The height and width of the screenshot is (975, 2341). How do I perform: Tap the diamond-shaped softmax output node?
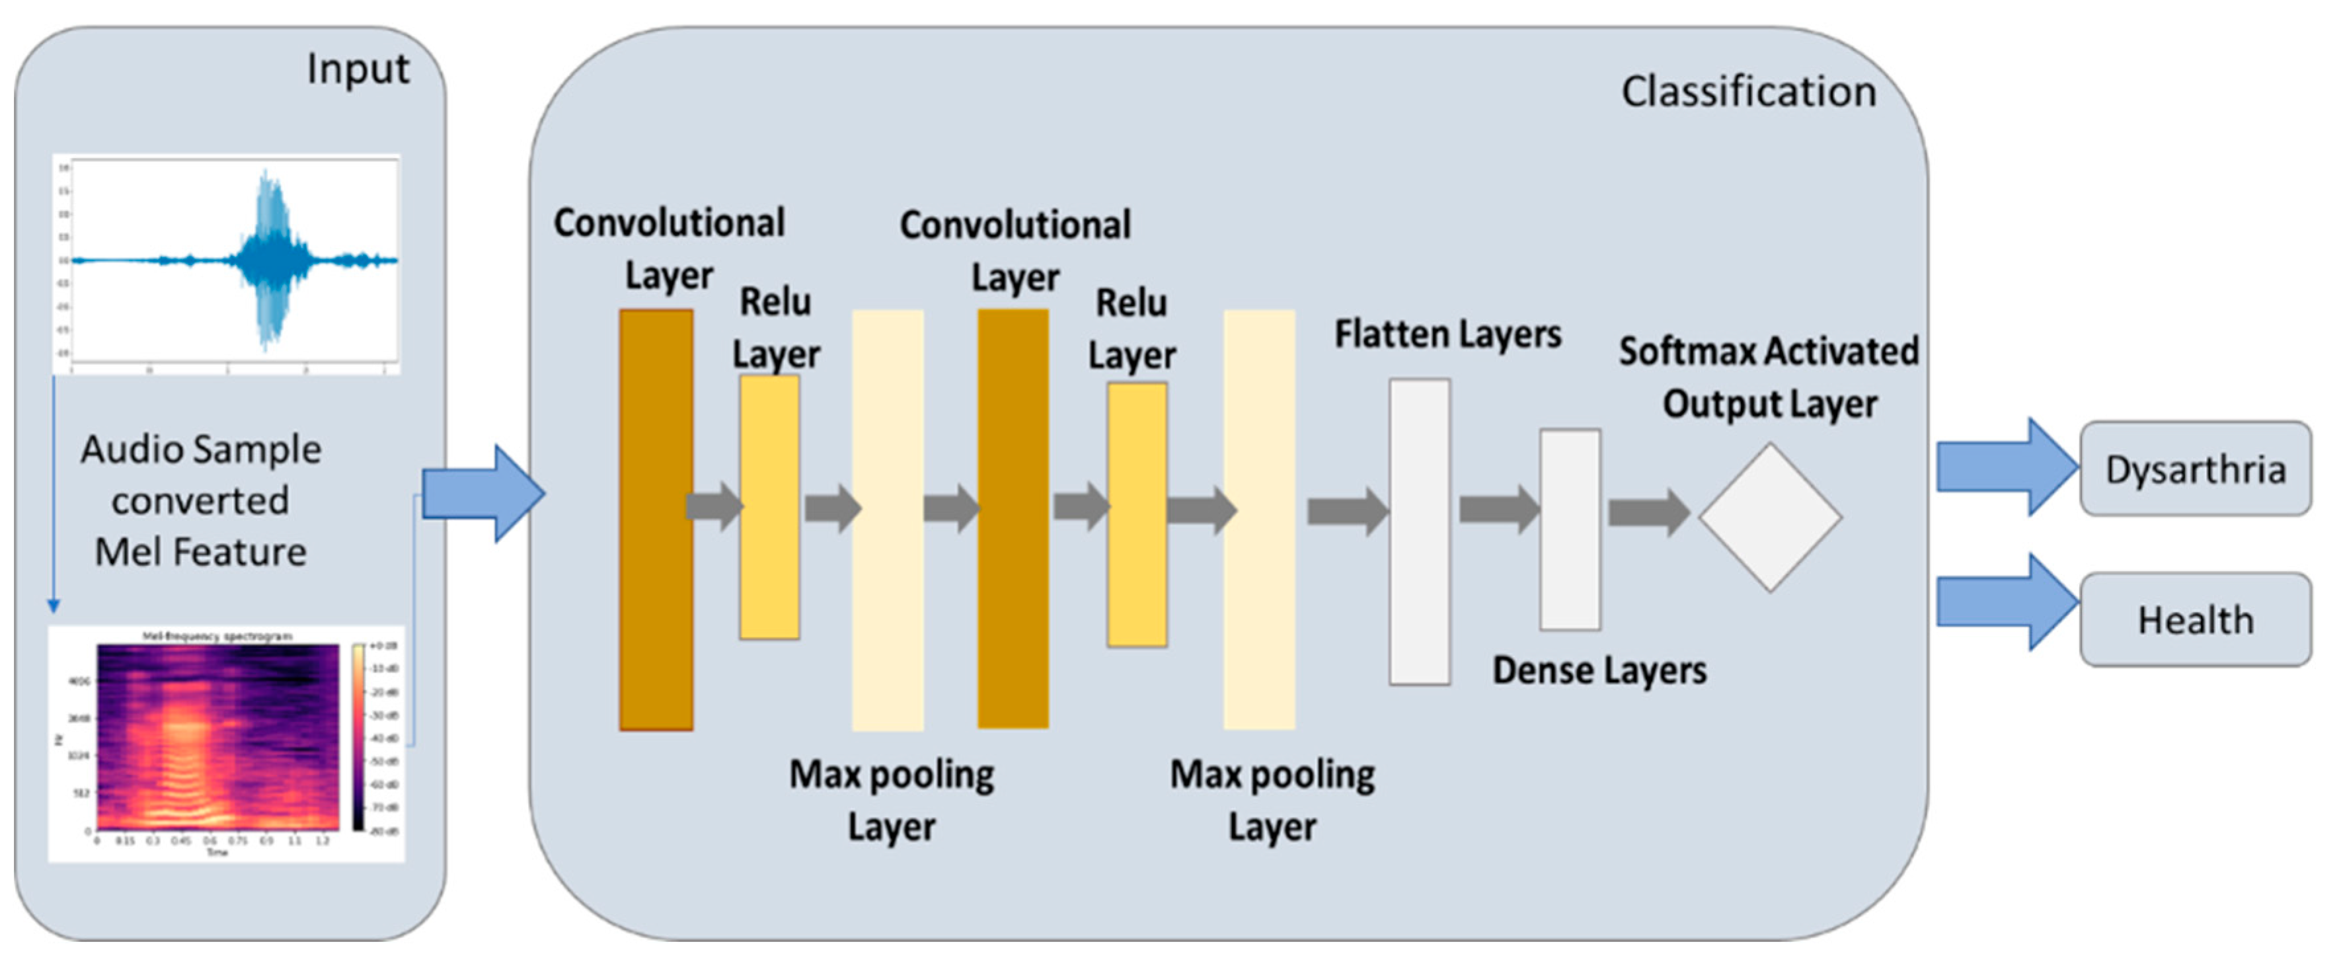coord(1769,517)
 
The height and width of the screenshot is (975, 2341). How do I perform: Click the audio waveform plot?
coord(226,264)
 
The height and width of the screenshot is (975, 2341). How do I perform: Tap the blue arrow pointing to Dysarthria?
coord(2007,467)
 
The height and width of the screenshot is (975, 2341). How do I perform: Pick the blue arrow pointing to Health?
coord(2007,602)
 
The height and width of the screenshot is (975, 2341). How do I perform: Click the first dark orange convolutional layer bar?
coord(655,520)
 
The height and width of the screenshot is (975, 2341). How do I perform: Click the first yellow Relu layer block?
coord(769,507)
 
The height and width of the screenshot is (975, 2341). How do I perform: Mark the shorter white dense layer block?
coord(1570,529)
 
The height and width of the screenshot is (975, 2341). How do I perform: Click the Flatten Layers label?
coord(1447,334)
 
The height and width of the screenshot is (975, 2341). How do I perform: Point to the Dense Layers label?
coord(1599,670)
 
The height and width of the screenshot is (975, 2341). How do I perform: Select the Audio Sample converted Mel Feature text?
coord(201,500)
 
